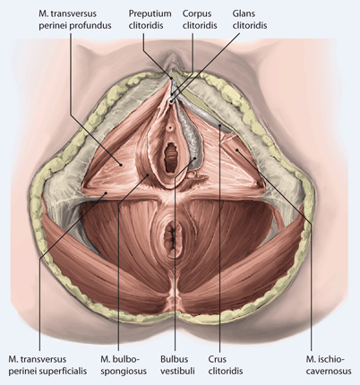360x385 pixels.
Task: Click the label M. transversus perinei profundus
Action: point(75,20)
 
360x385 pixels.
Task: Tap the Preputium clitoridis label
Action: point(150,20)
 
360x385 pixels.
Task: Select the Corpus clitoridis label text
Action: point(200,20)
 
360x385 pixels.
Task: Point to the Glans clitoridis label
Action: point(250,20)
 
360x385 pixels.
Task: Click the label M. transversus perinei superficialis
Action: point(47,365)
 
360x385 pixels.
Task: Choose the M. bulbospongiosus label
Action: point(124,365)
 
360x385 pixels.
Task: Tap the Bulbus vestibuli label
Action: point(177,365)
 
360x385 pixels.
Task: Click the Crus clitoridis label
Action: point(226,365)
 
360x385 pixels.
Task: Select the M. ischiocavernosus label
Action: point(329,365)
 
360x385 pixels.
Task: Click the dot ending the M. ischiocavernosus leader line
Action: point(236,150)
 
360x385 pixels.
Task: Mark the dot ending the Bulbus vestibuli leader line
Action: point(194,158)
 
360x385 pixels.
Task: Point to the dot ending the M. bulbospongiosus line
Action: point(148,175)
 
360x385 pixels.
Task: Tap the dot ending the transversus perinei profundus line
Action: point(121,164)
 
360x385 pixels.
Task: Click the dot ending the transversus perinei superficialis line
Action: point(106,193)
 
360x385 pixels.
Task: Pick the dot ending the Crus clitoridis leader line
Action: point(220,125)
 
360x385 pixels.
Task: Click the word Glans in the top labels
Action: point(243,13)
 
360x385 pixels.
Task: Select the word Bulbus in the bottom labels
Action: point(175,359)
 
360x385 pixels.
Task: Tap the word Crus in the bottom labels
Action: point(218,359)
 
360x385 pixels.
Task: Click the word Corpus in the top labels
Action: point(197,14)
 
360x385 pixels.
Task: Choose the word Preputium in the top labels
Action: point(150,14)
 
